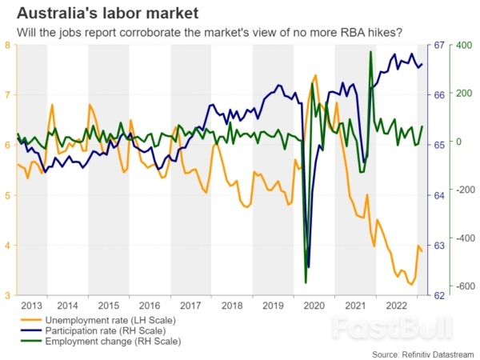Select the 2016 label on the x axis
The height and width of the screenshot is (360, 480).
coord(150,305)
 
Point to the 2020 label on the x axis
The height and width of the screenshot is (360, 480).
coord(314,305)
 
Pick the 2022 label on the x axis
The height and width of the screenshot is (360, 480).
coord(396,305)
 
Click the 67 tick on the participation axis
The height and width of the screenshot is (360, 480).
coord(439,45)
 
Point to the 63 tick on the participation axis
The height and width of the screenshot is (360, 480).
coord(439,246)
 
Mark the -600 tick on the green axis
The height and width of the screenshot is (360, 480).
coord(463,287)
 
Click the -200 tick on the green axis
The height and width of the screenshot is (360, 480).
coord(463,190)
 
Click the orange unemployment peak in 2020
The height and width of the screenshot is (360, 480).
coord(316,75)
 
